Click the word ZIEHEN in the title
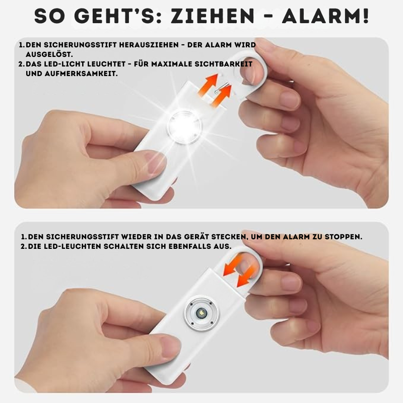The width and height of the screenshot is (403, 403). tap(212, 16)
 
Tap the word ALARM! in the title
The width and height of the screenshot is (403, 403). tap(325, 16)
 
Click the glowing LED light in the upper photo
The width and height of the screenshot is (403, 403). tap(184, 126)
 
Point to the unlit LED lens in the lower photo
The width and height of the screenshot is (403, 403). tap(201, 313)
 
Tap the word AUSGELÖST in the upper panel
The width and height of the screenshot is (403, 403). tap(48, 54)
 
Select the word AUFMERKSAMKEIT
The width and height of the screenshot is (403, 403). tap(81, 74)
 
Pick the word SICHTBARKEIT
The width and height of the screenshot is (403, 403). tap(223, 64)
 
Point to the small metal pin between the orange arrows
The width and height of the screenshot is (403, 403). tap(221, 88)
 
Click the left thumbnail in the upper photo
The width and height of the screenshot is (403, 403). tap(155, 161)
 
